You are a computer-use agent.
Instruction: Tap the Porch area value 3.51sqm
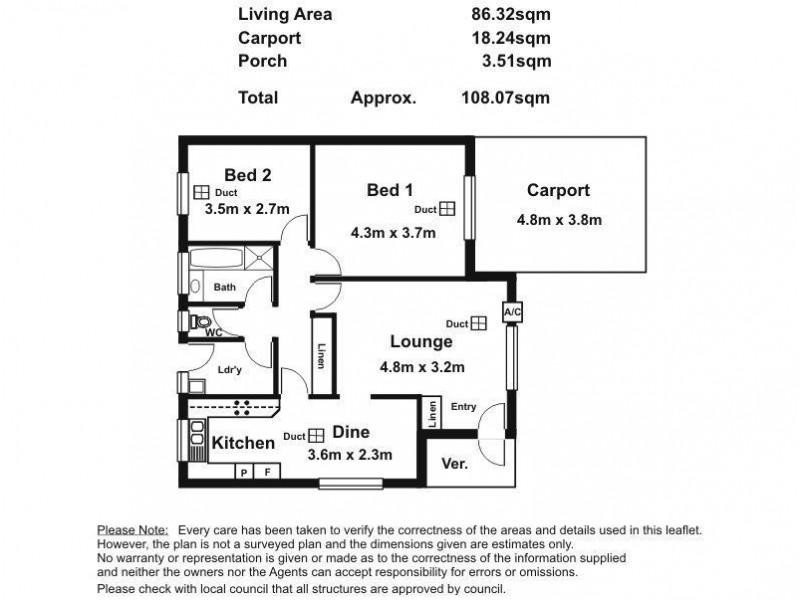[515, 61]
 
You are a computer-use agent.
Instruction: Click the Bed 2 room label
[247, 174]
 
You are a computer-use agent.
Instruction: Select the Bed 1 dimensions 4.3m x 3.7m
[393, 233]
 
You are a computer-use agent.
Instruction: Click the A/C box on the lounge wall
[512, 313]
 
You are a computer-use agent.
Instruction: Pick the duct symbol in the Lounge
[479, 323]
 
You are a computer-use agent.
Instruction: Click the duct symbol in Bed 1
[447, 209]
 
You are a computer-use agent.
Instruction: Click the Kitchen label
[243, 442]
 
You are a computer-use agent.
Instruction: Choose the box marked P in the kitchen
[244, 472]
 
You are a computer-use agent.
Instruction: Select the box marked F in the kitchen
[266, 472]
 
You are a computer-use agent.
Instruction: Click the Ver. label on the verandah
[454, 465]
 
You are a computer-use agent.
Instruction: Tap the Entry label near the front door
[463, 407]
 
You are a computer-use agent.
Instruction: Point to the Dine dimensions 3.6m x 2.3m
[349, 455]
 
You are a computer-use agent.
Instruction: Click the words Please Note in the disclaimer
[133, 529]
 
